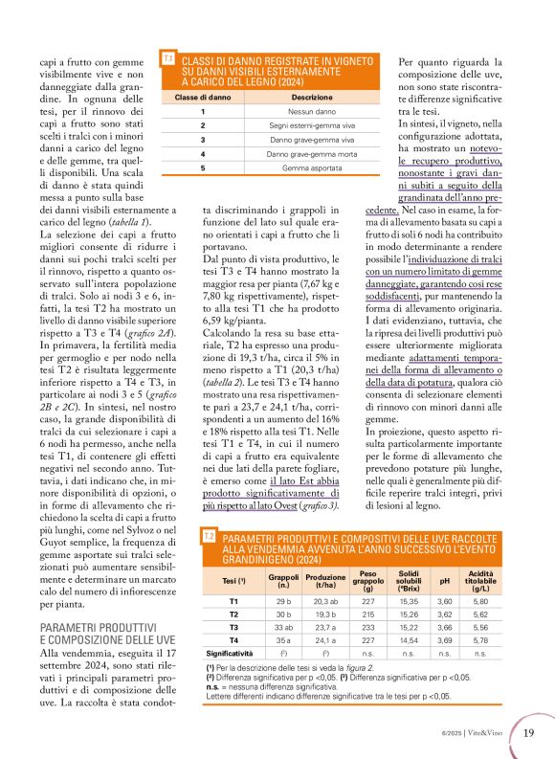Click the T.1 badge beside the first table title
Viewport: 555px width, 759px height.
pyautogui.click(x=168, y=59)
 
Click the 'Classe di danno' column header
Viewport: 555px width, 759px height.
pyautogui.click(x=203, y=97)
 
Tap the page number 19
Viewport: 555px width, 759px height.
pyautogui.click(x=528, y=733)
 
